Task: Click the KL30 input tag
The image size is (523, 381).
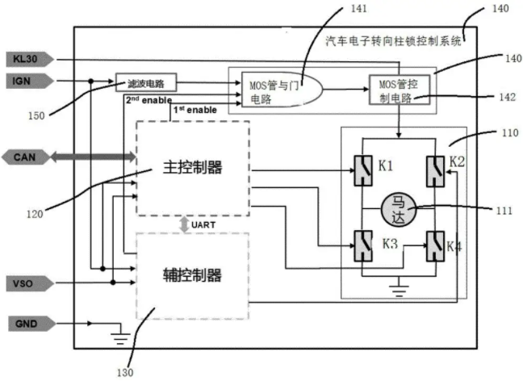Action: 30,60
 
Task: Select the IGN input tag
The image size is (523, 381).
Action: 30,81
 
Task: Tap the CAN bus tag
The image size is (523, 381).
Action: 26,157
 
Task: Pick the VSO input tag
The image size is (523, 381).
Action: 30,284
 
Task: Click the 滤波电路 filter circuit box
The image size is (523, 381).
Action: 146,82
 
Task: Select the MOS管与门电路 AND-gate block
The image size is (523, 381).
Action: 282,90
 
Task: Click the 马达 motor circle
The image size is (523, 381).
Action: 399,209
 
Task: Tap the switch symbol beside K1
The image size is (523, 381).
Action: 363,170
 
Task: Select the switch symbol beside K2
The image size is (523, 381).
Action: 435,171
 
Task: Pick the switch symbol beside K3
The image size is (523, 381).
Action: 363,246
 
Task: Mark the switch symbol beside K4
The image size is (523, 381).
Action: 435,246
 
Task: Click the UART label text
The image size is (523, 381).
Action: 203,225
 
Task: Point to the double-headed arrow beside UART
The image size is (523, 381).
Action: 184,224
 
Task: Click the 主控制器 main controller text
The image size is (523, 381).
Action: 192,167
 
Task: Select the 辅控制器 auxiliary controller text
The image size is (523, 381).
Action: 192,275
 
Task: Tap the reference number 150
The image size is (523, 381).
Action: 36,115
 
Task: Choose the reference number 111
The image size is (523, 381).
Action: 504,211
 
